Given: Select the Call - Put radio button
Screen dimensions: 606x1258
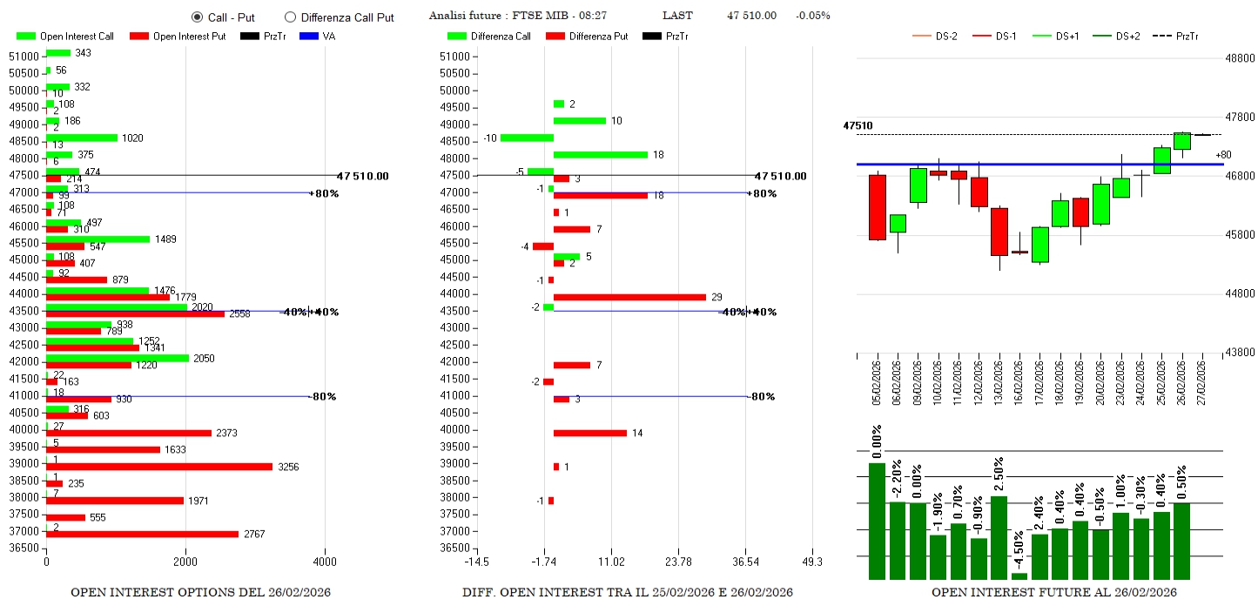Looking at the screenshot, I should (x=197, y=17).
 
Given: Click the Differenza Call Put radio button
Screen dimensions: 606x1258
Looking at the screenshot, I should (x=291, y=17).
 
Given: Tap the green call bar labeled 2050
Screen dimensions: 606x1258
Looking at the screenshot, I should (x=118, y=358).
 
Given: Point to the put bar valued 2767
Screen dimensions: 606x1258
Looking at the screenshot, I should (x=142, y=534).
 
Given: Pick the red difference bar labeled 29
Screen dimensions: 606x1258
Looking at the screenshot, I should (x=629, y=297).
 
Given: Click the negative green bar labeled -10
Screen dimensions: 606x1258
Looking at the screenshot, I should (x=527, y=138).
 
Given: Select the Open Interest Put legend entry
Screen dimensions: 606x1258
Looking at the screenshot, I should (x=178, y=37).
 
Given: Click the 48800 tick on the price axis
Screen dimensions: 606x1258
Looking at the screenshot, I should (x=1239, y=58).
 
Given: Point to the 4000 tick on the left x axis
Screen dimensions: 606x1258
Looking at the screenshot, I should (x=325, y=562).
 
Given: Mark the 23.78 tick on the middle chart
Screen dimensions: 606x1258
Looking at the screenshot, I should (x=678, y=562).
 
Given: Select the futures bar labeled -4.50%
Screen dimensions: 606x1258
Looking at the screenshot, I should (x=1019, y=576).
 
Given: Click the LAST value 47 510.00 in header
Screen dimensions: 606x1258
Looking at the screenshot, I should (x=751, y=16).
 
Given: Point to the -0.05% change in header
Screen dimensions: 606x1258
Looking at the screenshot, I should (x=812, y=16).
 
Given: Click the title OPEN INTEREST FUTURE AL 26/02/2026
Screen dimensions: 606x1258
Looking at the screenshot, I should (x=1053, y=593).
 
